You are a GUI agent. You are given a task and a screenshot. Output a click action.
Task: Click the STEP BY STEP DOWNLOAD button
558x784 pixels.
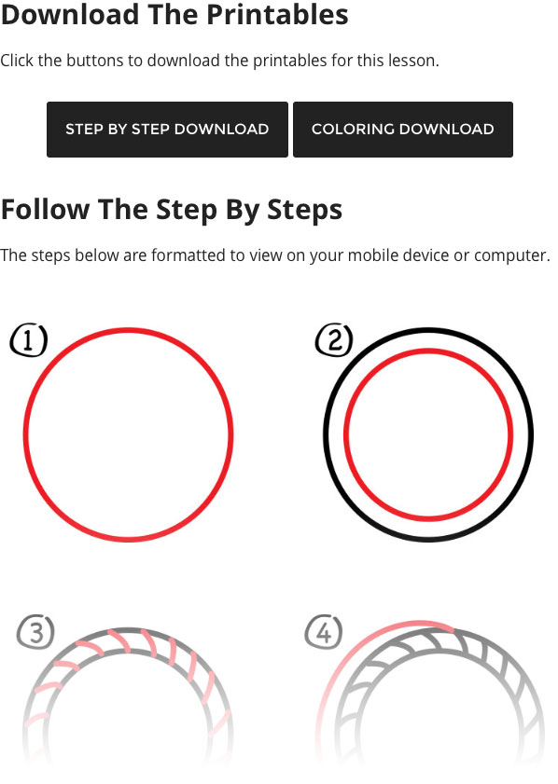[x=167, y=130]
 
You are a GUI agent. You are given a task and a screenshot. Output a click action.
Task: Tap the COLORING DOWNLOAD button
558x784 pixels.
[x=402, y=130]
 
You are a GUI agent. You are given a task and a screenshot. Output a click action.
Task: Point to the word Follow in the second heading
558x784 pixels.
[x=45, y=210]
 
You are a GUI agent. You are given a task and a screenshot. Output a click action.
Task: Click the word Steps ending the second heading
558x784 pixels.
[x=304, y=210]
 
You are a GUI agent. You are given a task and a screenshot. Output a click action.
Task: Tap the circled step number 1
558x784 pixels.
[x=28, y=341]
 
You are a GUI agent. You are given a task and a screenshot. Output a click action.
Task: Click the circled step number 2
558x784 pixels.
[x=334, y=341]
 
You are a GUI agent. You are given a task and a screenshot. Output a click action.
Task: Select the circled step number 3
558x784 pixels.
[x=35, y=634]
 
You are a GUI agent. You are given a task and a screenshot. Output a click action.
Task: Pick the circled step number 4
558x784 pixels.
[x=323, y=634]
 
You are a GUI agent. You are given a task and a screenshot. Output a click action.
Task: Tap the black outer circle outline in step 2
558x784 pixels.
[x=428, y=330]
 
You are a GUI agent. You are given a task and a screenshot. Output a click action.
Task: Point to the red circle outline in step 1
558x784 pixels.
[x=128, y=330]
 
